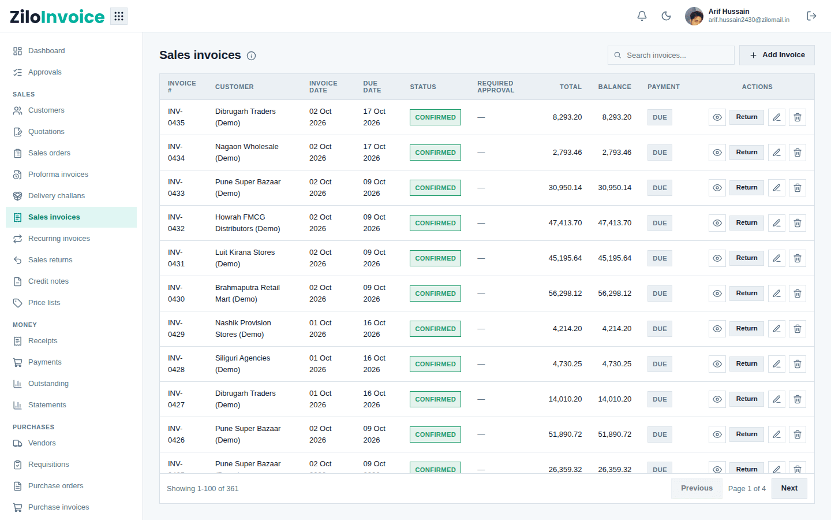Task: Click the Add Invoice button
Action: (x=777, y=55)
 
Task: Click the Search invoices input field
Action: (x=671, y=55)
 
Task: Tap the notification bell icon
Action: (x=642, y=16)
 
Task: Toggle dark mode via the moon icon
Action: (x=667, y=16)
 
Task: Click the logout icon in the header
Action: (x=811, y=16)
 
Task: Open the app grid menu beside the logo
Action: (x=119, y=16)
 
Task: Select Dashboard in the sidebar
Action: (x=46, y=51)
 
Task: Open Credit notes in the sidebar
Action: (x=48, y=281)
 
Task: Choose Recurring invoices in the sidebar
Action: (x=59, y=239)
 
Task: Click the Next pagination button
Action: (x=789, y=488)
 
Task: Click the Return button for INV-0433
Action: (x=746, y=188)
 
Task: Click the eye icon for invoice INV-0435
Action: (x=717, y=117)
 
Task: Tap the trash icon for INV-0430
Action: (x=798, y=294)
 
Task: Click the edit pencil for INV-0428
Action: (x=777, y=364)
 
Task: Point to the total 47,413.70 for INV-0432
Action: (x=565, y=223)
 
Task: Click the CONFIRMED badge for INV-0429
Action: (x=435, y=329)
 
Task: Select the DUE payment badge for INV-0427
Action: (x=660, y=399)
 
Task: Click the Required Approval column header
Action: (x=496, y=87)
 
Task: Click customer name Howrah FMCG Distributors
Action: (x=248, y=223)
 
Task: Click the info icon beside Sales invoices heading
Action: (x=251, y=55)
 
